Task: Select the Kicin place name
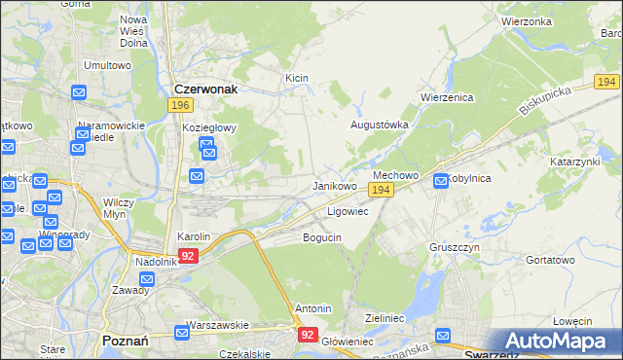296,77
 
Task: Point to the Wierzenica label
446,97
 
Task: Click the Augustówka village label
380,126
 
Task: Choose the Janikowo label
334,185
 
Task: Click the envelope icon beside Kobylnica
441,180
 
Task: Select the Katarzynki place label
574,161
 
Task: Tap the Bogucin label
321,237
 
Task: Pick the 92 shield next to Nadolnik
189,255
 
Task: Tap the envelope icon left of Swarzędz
445,337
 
